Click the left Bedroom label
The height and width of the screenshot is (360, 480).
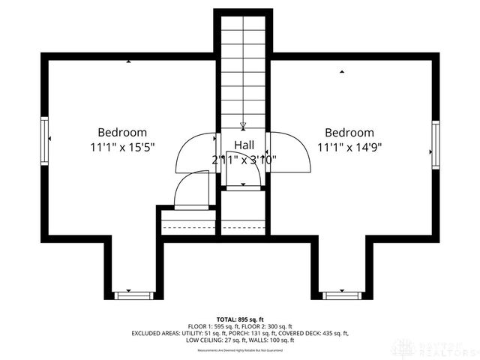(122, 133)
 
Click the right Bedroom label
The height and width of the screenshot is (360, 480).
(349, 133)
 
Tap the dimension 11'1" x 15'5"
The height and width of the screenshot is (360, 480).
(122, 148)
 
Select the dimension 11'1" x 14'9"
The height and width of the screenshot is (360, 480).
(349, 148)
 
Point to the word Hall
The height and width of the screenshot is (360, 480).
(244, 144)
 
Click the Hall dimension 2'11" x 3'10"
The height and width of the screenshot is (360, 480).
(244, 159)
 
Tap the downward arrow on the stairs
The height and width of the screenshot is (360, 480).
(243, 126)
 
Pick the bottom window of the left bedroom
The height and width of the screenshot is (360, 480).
(133, 295)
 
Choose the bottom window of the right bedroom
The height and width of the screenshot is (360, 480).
(342, 295)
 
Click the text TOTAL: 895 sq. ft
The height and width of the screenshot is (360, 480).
(239, 319)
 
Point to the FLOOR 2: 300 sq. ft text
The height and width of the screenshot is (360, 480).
(274, 326)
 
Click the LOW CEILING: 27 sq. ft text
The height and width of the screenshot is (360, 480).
(212, 340)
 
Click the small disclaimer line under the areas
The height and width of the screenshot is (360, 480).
(239, 350)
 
